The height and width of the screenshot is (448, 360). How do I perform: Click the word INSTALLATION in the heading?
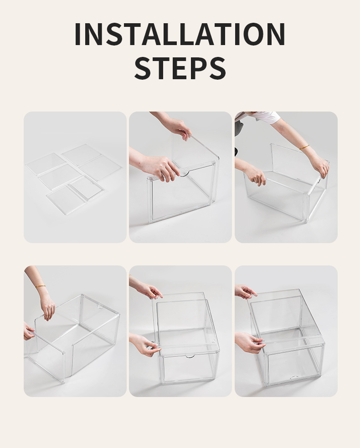point(180,34)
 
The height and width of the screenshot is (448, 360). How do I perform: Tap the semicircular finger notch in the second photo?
point(184,173)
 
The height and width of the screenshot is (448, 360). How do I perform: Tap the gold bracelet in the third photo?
point(304,147)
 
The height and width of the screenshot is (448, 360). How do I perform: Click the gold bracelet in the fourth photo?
point(40,286)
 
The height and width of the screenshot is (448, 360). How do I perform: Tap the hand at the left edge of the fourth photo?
point(28,331)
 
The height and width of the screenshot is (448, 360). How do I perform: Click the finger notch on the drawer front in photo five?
point(190,356)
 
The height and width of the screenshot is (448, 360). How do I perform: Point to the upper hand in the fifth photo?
point(149,290)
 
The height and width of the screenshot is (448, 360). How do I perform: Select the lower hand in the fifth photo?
point(145,345)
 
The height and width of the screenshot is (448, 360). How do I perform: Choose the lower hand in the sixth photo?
point(249,342)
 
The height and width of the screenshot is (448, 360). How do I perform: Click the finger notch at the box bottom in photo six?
point(294,377)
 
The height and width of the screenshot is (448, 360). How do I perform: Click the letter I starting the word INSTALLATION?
point(78,34)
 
